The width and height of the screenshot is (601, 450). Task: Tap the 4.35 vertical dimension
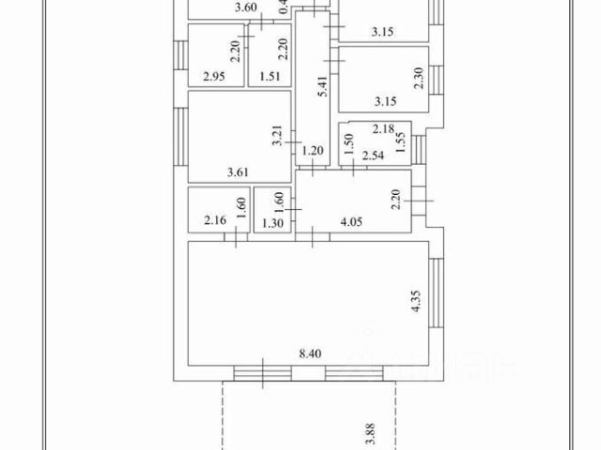pyautogui.click(x=416, y=305)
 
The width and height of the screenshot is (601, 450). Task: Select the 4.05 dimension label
pyautogui.click(x=351, y=222)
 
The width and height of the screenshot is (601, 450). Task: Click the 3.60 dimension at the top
pyautogui.click(x=246, y=7)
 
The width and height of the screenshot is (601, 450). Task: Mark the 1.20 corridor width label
pyautogui.click(x=312, y=149)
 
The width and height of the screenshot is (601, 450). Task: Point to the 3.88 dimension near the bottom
pyautogui.click(x=367, y=435)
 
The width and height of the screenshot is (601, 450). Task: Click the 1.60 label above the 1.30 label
pyautogui.click(x=279, y=201)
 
